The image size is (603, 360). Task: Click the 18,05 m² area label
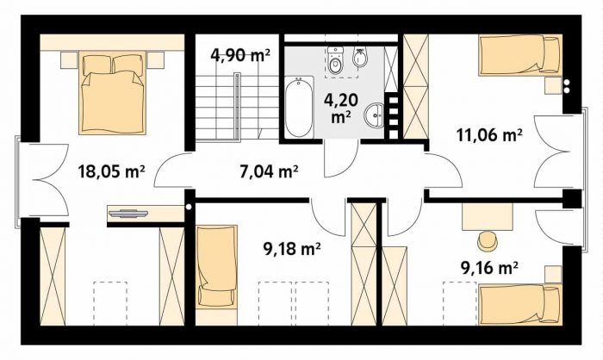(x=111, y=171)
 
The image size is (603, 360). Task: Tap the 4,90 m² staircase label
(x=240, y=55)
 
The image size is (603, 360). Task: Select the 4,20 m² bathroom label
(x=341, y=108)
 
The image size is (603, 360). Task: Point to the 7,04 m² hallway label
(x=269, y=171)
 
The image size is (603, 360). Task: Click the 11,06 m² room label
(x=489, y=135)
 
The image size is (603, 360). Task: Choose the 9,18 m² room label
(x=292, y=249)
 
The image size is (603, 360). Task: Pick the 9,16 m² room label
(x=488, y=268)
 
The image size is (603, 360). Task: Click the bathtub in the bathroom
(x=299, y=107)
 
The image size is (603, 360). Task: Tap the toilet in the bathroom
(x=335, y=60)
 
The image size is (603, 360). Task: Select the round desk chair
(x=488, y=239)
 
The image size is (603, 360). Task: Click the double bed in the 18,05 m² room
(x=112, y=93)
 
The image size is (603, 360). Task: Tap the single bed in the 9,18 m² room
(x=216, y=267)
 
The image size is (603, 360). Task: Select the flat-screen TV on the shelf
(x=128, y=213)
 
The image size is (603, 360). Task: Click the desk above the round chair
(x=488, y=216)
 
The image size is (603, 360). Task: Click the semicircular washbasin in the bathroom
(x=374, y=115)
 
